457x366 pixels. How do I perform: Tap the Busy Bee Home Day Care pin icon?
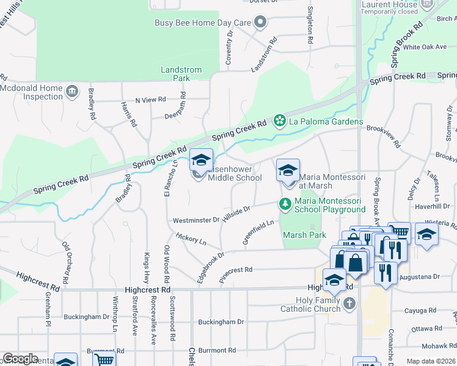coord(260,23)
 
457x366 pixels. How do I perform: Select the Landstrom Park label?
coord(181,74)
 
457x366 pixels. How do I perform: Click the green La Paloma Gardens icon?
coord(280,120)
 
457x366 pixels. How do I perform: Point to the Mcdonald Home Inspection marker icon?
coord(72,92)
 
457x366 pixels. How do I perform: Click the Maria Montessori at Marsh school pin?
coord(288,171)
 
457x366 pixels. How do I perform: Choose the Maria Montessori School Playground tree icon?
coord(285,203)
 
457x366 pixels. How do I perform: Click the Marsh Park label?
coord(304,235)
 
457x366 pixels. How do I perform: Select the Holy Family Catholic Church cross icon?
coord(349,303)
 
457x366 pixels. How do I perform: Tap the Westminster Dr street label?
coord(196,220)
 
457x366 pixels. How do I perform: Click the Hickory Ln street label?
coord(191,239)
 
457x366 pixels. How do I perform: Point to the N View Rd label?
coord(150,99)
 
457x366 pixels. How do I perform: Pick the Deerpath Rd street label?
coord(178,115)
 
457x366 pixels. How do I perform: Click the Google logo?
coord(20,359)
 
